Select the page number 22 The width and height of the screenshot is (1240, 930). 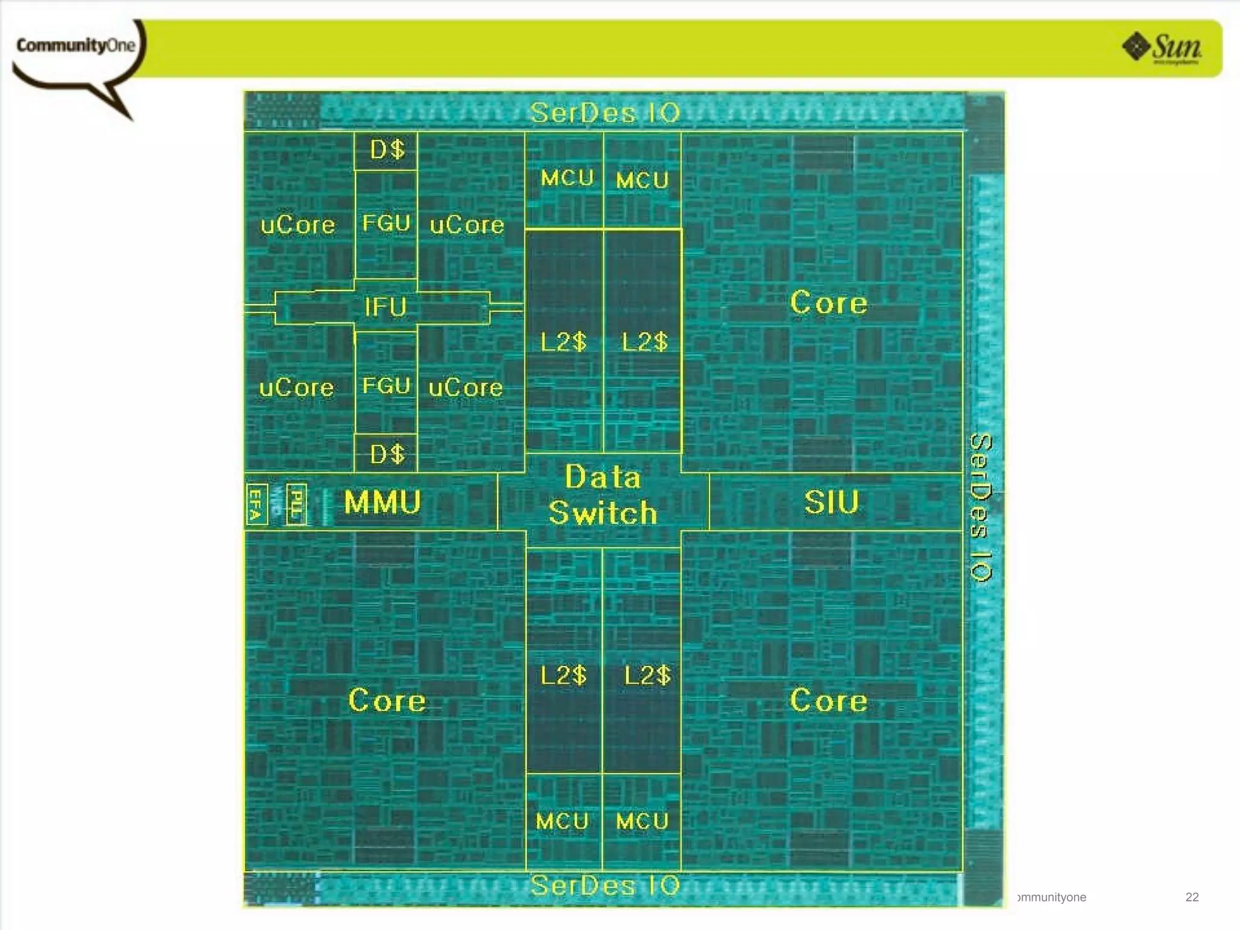pos(1192,897)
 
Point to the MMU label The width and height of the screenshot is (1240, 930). pos(382,502)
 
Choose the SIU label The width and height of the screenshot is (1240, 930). pos(831,502)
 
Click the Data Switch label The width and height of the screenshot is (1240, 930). pos(603,495)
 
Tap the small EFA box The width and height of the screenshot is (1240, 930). pos(256,504)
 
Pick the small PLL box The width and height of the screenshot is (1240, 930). pos(296,504)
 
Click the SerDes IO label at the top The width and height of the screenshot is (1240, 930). pos(605,113)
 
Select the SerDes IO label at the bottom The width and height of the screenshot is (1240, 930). pos(605,886)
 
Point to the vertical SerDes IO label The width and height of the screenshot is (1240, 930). pos(981,507)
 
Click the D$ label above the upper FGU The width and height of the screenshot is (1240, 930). pos(387,150)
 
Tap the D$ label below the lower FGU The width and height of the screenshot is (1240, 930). pos(387,453)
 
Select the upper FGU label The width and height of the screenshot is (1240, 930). pos(386,223)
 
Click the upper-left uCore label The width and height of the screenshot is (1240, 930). pos(297,225)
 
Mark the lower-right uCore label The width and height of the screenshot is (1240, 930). pos(466,387)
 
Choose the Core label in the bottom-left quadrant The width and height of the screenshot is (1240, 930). pos(387,700)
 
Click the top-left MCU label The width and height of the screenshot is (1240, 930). pos(567,178)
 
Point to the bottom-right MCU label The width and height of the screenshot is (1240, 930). pos(642,822)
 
